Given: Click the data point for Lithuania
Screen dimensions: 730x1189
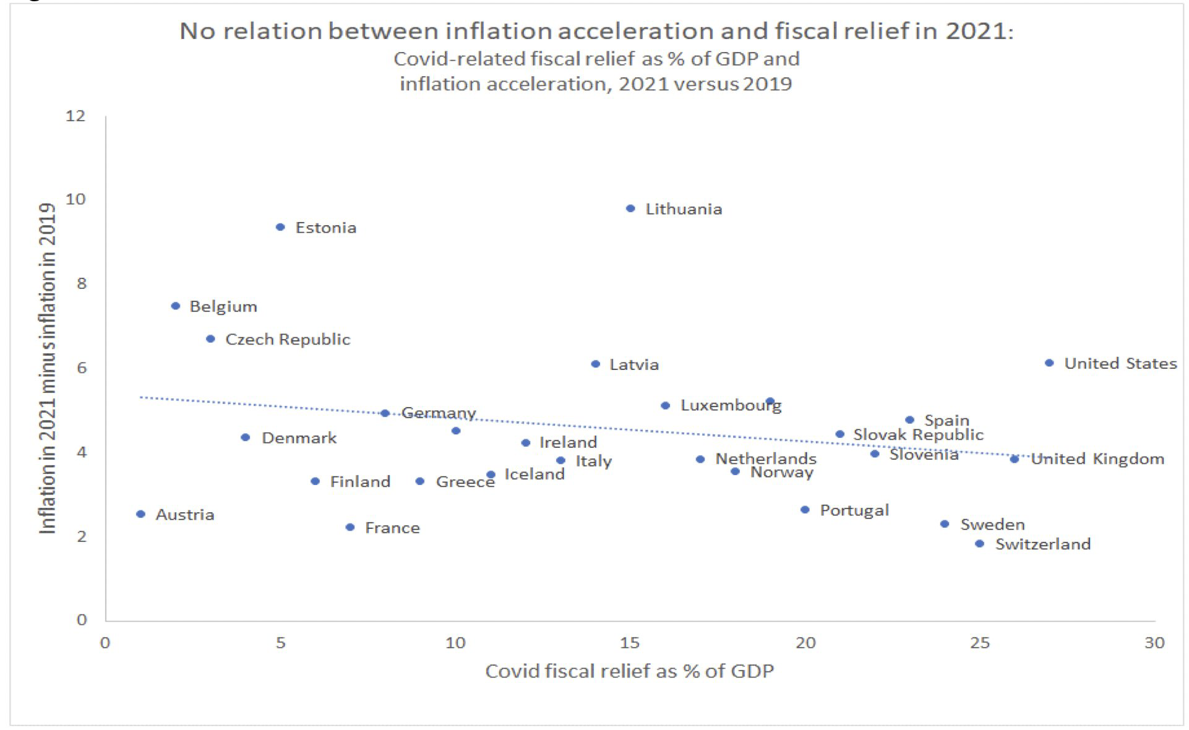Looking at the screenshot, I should [630, 208].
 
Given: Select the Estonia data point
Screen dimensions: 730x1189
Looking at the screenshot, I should [280, 227].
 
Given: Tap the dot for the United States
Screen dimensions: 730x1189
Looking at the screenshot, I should [1049, 363].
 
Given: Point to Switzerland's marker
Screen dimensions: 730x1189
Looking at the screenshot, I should [979, 544].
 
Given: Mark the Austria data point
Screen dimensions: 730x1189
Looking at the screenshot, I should [140, 514].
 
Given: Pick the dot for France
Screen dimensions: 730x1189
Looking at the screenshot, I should [350, 527].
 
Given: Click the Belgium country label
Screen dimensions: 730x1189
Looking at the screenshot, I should [223, 306].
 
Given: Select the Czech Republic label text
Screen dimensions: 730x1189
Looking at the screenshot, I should [288, 339].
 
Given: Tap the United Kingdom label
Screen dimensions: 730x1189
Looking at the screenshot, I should [1097, 459].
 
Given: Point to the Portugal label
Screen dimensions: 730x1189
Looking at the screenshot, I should [854, 510].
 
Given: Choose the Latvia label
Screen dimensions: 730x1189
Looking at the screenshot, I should [634, 364].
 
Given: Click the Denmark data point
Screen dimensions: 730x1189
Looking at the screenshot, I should [245, 437].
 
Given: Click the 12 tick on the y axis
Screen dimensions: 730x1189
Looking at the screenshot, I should [76, 116].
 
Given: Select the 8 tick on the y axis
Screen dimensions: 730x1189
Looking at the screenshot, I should [81, 283].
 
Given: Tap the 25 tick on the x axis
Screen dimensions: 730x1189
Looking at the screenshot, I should [980, 643].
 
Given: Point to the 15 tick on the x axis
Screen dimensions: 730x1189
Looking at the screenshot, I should [630, 643].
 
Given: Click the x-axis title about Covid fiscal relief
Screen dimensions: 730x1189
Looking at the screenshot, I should [629, 671].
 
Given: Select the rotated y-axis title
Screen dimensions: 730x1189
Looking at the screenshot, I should [48, 368].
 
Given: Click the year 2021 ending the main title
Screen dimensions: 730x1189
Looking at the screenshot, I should [980, 31].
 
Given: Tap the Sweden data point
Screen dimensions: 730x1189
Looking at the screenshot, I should [945, 524].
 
